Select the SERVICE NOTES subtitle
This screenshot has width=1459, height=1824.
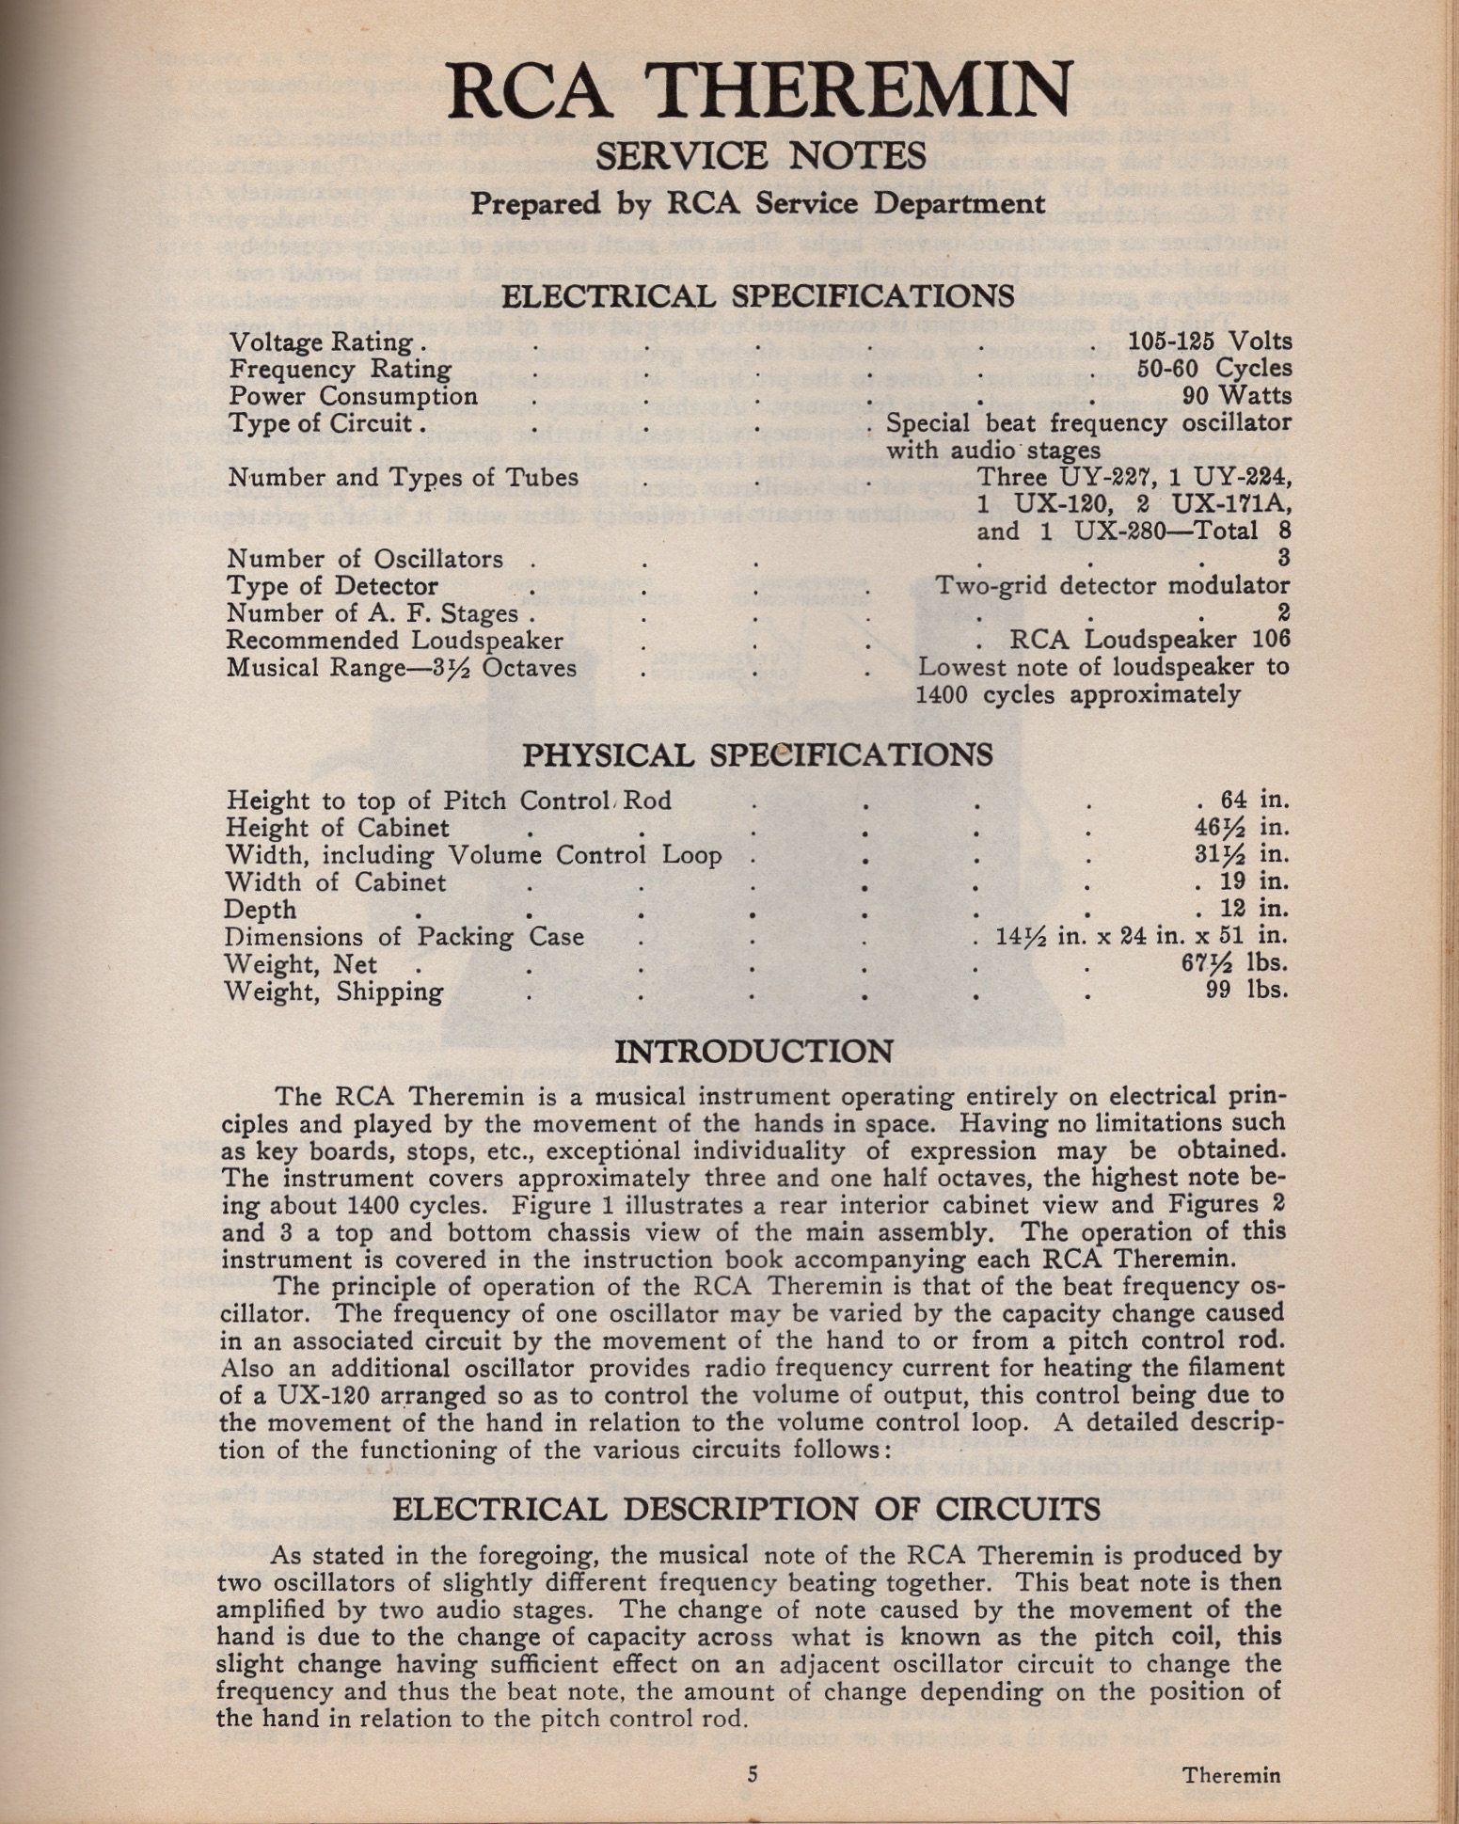click(760, 154)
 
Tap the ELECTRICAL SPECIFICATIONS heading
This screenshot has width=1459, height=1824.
click(758, 296)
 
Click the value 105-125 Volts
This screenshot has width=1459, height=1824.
click(1210, 341)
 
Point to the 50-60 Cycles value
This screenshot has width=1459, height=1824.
click(1214, 368)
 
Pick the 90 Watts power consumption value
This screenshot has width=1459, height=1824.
click(1243, 395)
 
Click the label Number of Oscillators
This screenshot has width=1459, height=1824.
click(366, 559)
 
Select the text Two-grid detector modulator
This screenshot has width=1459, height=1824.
click(1113, 585)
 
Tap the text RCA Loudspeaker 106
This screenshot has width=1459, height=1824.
click(1150, 640)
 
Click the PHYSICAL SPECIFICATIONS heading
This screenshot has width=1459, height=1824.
click(757, 754)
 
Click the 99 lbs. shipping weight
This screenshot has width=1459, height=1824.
click(1246, 990)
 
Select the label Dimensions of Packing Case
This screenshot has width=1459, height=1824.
click(404, 937)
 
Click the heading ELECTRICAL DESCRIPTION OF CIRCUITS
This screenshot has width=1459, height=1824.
click(746, 1509)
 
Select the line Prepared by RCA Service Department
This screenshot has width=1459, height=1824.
click(758, 203)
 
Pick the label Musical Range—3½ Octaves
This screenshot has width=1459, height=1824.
click(402, 668)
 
